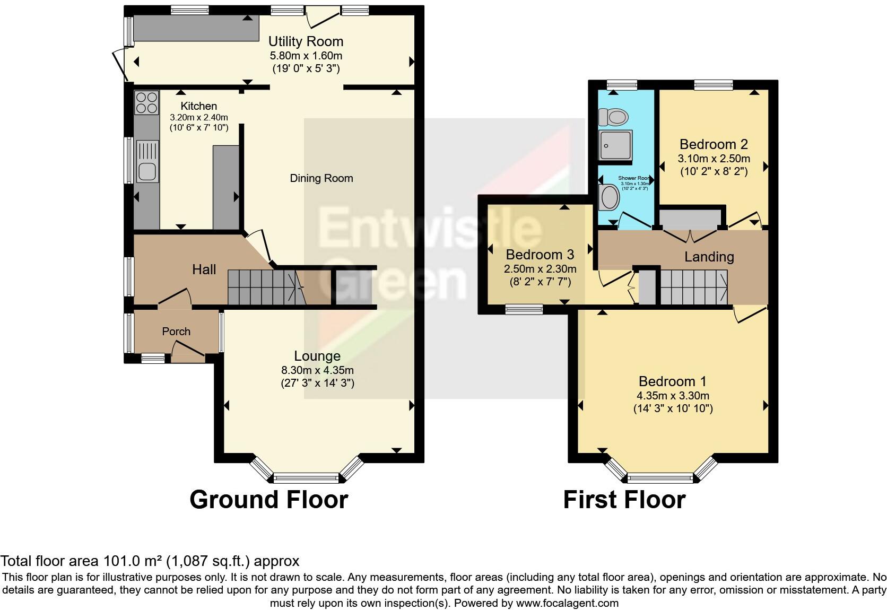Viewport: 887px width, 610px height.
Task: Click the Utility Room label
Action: tap(306, 41)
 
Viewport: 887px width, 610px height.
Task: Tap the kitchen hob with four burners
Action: tap(146, 103)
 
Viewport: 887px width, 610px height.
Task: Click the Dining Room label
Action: tap(321, 178)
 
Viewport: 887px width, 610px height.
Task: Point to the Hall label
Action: tap(204, 269)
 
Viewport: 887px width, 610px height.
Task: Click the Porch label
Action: tap(176, 332)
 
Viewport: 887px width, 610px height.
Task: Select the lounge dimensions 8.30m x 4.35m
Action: tap(317, 370)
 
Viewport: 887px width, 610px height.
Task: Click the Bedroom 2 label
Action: tap(714, 144)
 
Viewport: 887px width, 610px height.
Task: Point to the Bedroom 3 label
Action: tap(540, 255)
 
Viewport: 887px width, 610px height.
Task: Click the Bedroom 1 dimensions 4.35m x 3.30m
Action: tap(673, 396)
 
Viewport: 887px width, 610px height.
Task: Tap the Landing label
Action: tap(709, 257)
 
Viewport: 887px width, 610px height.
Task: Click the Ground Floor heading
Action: tap(268, 500)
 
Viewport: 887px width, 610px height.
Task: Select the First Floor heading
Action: tap(624, 500)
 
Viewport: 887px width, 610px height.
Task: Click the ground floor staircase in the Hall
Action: tap(263, 287)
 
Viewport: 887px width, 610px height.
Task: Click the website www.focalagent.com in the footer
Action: tap(566, 603)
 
